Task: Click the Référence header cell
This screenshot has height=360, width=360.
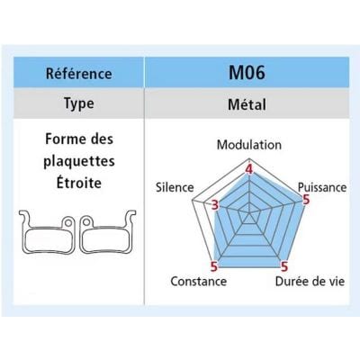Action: click(78, 72)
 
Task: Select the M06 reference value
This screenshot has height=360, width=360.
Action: click(247, 72)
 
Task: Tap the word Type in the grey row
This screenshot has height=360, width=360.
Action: click(79, 103)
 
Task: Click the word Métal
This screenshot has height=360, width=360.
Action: click(247, 104)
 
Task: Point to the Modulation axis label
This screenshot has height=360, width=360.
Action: click(249, 145)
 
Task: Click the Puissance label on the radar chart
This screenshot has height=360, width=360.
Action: click(322, 187)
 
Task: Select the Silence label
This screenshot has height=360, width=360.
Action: click(175, 187)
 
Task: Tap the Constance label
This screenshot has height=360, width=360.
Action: click(199, 282)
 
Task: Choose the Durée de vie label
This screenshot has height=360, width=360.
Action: click(310, 282)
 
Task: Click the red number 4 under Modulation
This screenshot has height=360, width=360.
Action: click(249, 169)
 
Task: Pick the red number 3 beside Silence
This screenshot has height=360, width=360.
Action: click(215, 205)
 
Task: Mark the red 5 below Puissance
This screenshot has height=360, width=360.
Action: click(306, 200)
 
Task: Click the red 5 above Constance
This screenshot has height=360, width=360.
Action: click(214, 266)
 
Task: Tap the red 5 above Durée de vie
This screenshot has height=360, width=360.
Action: click(283, 266)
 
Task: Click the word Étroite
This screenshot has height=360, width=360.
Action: click(79, 182)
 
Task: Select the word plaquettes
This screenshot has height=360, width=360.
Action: click(79, 161)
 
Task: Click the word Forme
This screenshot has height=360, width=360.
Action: click(63, 139)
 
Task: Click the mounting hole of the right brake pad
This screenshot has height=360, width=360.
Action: click(86, 222)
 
